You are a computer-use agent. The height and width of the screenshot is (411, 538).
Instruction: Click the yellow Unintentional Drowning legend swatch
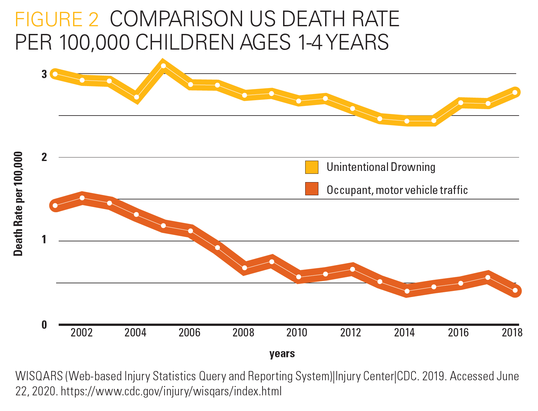coord(312,167)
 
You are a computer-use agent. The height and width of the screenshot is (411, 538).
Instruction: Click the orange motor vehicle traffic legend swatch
coord(312,189)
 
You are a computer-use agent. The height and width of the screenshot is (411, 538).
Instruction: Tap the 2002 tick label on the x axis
coord(81,333)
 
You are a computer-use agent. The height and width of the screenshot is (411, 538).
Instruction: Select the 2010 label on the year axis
coord(297,333)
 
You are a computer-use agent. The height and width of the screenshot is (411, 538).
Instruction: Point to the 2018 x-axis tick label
coord(512,333)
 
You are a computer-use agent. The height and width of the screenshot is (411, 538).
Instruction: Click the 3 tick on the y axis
coord(44,74)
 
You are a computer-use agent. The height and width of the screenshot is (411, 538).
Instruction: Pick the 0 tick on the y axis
coord(44,325)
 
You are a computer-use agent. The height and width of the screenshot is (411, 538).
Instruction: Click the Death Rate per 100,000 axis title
coord(18,204)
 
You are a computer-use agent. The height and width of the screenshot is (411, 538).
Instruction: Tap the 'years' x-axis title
coord(282,354)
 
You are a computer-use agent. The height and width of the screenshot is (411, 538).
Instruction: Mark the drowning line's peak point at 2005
coord(163,66)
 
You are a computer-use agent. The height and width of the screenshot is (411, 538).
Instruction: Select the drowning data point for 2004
coord(136,97)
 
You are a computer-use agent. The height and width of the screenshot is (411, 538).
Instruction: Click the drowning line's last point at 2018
coord(515,93)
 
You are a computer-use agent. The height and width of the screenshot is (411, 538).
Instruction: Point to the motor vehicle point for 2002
coord(82,198)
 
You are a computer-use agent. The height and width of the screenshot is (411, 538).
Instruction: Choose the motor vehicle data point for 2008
coord(244,268)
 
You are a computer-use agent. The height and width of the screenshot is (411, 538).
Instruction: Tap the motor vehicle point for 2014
coord(407,291)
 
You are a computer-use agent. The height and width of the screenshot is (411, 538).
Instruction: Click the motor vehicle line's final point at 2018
coord(515,291)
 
